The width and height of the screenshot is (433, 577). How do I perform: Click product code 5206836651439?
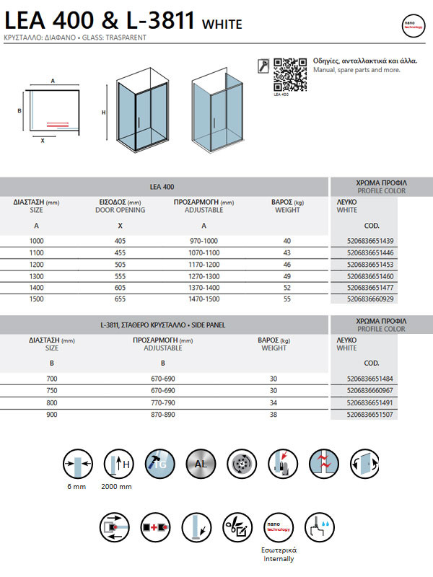pos(371,240)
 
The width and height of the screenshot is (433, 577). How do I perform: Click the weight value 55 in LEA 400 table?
pos(287,298)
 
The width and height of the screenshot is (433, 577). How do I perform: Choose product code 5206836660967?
pos(371,390)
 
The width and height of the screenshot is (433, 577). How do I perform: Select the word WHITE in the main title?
pos(222,24)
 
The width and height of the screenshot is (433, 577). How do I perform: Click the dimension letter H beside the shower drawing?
pos(104,113)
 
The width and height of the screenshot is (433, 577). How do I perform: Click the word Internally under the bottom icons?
pos(279,558)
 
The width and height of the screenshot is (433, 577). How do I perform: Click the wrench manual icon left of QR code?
pos(263,65)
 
